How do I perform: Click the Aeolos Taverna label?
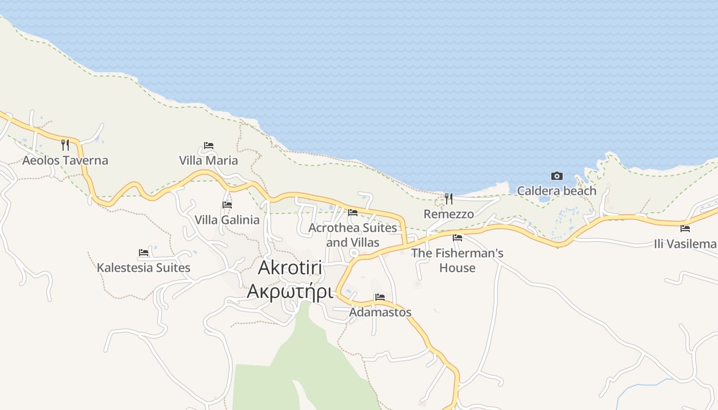[65, 160]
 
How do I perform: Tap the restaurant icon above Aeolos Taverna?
[65, 145]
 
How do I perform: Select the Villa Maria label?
[208, 160]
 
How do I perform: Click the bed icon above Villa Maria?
[208, 146]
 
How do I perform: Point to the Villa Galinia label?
[227, 220]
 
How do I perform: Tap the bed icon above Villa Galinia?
[227, 205]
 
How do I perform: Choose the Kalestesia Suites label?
[144, 268]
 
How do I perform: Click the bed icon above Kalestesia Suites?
[144, 253]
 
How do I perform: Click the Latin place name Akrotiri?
[290, 267]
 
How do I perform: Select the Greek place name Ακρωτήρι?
[290, 291]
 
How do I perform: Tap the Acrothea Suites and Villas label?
[353, 235]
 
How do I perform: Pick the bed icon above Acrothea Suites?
[353, 213]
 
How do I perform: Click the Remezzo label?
[449, 214]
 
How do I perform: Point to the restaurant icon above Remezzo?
[449, 198]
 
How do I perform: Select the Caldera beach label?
[556, 191]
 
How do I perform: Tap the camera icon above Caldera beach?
[557, 176]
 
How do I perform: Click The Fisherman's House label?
[457, 260]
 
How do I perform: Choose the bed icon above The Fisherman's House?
[457, 238]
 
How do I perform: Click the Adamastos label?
[380, 312]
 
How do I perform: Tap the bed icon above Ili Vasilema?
[685, 229]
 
